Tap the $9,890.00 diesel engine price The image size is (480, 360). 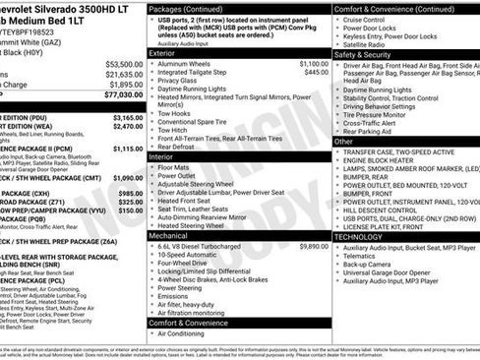[314, 246]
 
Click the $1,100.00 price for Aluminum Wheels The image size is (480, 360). [314, 63]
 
